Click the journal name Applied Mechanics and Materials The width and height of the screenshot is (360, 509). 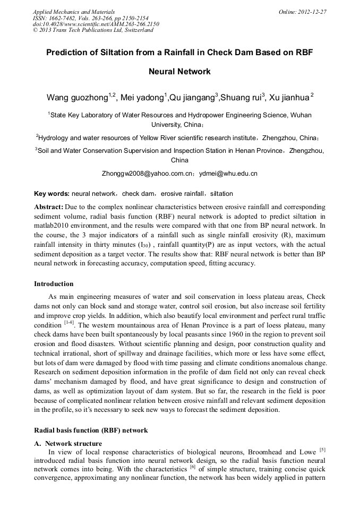pyautogui.click(x=73, y=12)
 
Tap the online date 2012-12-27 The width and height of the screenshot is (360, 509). pyautogui.click(x=312, y=12)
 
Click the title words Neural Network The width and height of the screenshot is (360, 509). pyautogui.click(x=179, y=71)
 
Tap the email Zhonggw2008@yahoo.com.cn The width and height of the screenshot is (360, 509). pyautogui.click(x=147, y=174)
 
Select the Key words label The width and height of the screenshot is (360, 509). pyautogui.click(x=52, y=194)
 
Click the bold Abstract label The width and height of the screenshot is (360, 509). pyautogui.click(x=49, y=206)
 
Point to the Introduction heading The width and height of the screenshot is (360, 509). pyautogui.click(x=54, y=284)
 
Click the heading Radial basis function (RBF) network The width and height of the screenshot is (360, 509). pyautogui.click(x=91, y=430)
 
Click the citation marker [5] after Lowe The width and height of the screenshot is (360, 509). pyautogui.click(x=322, y=450)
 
